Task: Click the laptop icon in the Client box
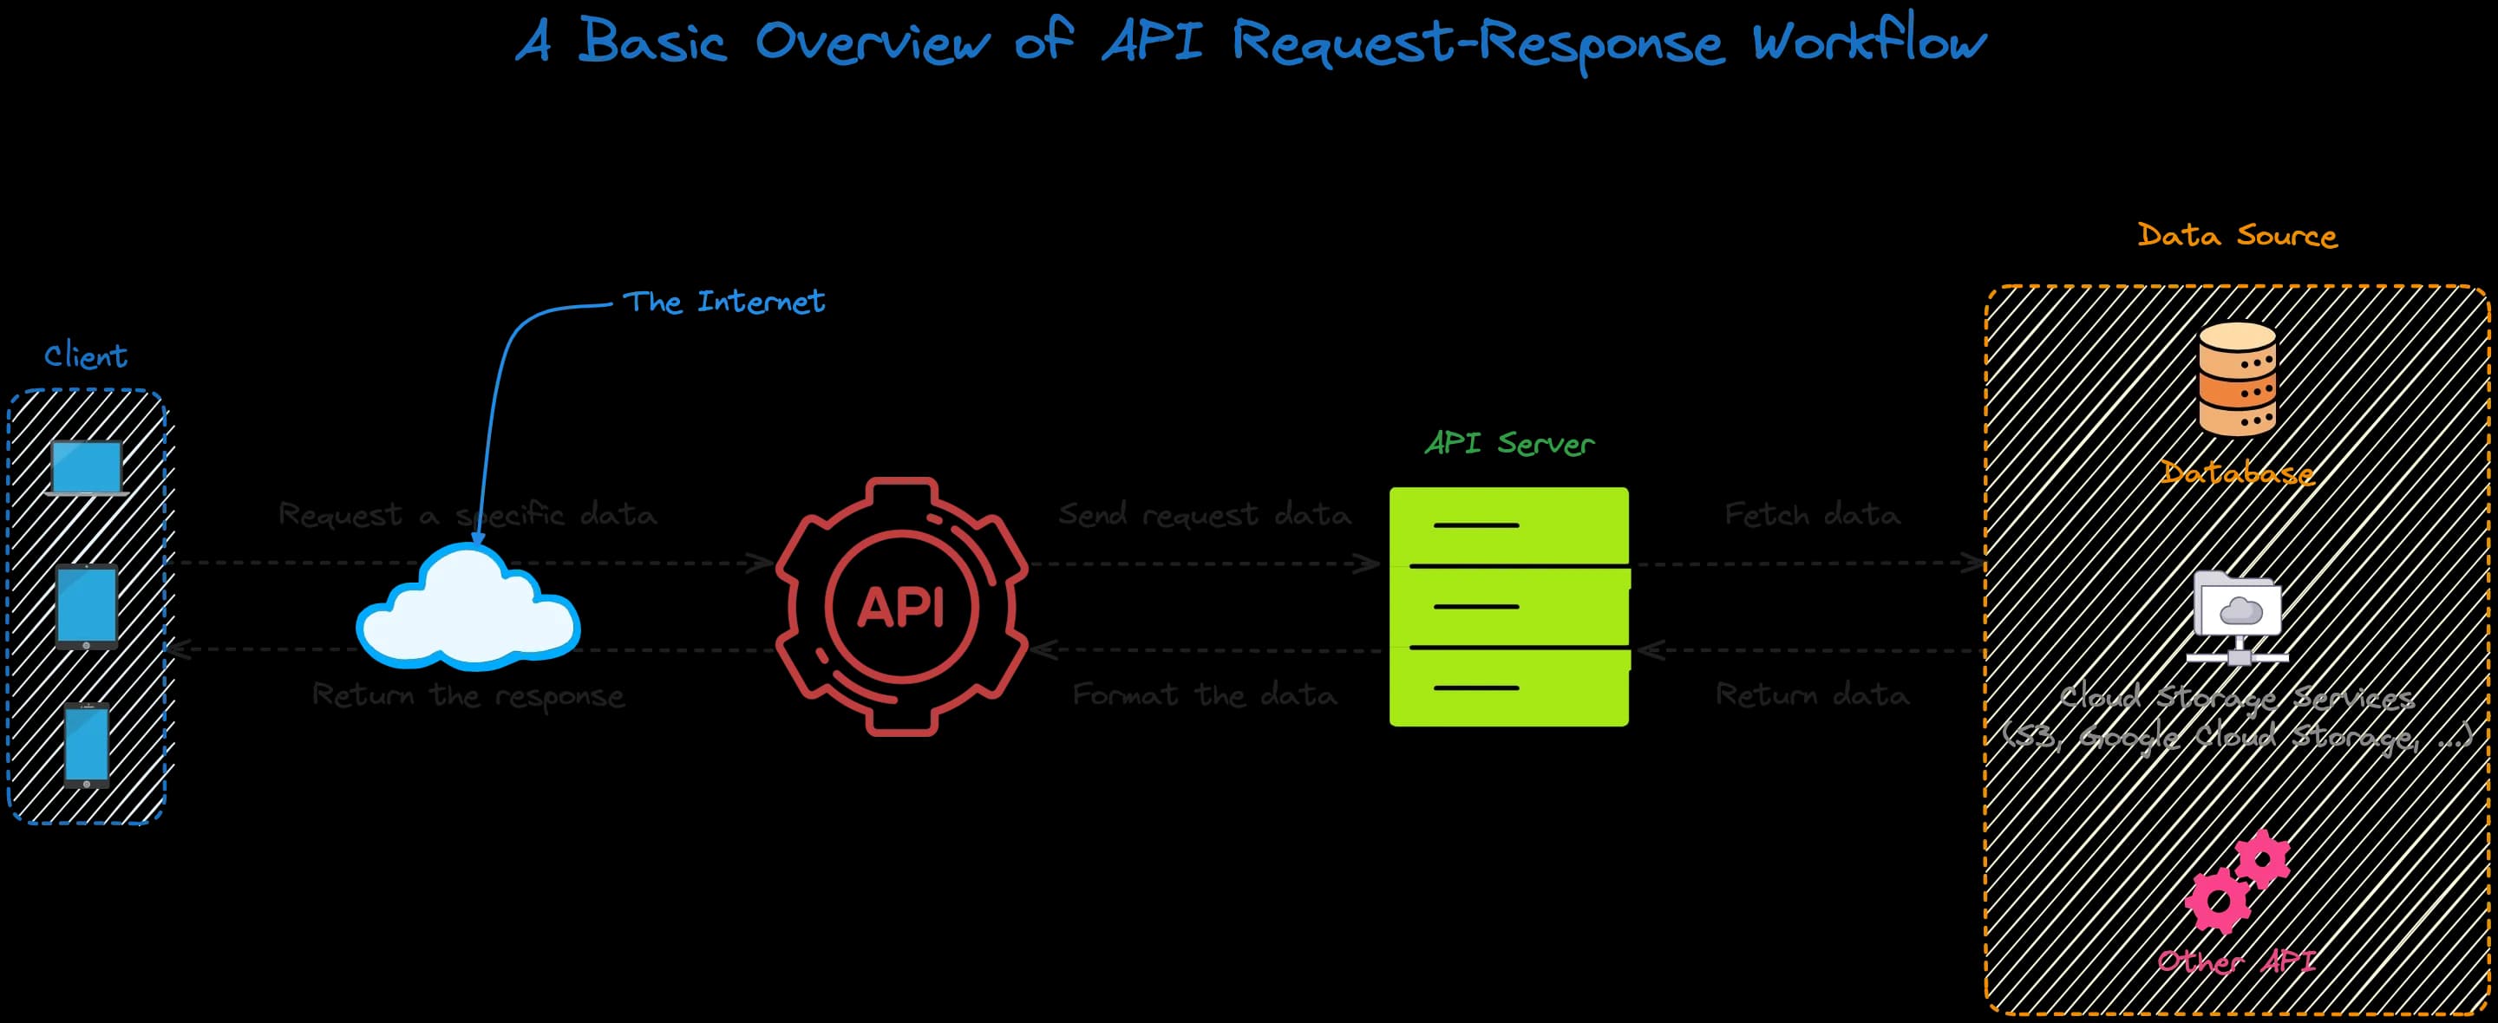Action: (87, 468)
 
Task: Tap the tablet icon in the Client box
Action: (87, 607)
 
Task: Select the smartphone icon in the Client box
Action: (87, 745)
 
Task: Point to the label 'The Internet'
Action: (723, 302)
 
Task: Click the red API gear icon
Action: (902, 606)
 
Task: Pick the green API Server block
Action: (1509, 606)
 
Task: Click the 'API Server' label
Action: (1509, 443)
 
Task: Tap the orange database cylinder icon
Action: (2236, 379)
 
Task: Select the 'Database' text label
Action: (2236, 473)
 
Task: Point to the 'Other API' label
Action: (2236, 962)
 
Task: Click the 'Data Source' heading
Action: (2237, 236)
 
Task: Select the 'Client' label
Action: (85, 355)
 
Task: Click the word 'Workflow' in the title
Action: (1868, 42)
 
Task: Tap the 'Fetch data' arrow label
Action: (1811, 514)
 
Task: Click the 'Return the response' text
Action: (468, 695)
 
